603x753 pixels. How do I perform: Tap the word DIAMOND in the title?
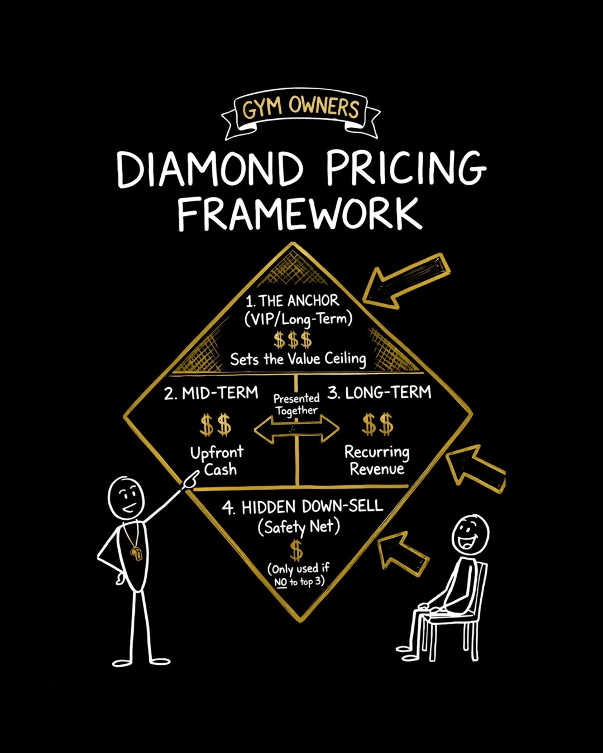coord(209,169)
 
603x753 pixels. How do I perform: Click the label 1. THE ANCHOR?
coord(292,301)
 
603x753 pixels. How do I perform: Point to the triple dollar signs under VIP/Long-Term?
coord(293,340)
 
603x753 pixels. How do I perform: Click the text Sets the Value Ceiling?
coord(298,360)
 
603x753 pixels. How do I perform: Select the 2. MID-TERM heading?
coord(211,393)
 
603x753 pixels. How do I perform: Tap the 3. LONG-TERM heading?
coord(379,393)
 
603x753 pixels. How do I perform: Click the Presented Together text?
coord(296,404)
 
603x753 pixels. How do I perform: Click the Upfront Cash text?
coord(217,461)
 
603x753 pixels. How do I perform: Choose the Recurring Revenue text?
coord(377,460)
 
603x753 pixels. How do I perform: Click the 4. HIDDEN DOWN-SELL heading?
coord(303,507)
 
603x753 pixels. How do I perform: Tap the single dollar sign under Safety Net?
coord(297,551)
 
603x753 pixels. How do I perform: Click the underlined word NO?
coord(281,582)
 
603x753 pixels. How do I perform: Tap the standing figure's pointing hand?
coord(190,479)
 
